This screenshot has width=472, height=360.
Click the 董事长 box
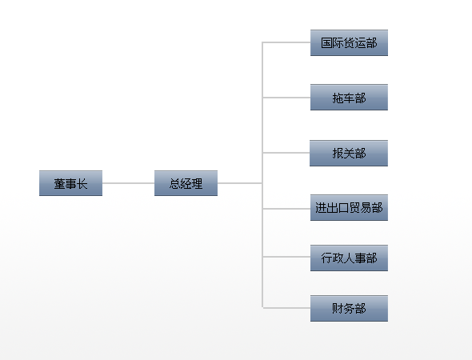70,183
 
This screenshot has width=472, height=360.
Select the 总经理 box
186,183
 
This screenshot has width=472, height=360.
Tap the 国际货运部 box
349,42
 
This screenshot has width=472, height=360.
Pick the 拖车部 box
349,98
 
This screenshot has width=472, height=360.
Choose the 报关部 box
349,154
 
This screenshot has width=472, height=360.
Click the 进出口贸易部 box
349,208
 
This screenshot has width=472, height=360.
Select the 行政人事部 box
349,258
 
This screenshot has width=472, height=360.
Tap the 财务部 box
349,309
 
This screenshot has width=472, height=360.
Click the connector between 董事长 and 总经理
129,183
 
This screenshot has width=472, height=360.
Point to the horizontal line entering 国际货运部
286,42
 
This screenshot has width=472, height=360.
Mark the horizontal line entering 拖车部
286,98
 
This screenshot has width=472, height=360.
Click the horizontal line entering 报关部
286,153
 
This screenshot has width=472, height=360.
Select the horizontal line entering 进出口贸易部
286,209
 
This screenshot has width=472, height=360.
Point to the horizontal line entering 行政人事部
286,257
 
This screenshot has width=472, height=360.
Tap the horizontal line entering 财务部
286,308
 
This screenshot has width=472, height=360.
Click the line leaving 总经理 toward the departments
240,183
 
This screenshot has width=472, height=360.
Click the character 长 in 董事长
82,184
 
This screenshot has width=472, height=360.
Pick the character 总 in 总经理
175,184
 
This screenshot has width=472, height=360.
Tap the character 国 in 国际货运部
326,43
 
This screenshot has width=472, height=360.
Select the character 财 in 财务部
338,309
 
